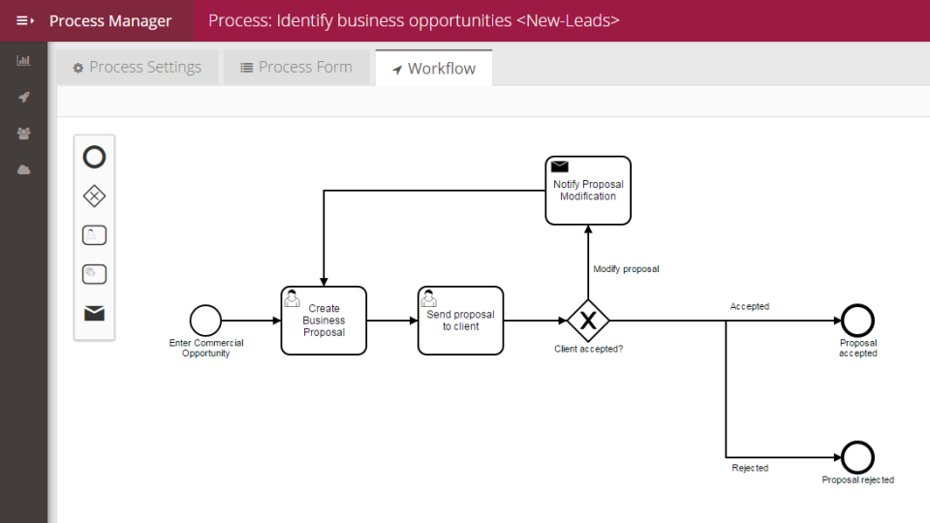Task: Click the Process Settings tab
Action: (x=137, y=68)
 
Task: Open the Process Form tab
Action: (x=295, y=68)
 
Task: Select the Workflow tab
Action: (x=433, y=69)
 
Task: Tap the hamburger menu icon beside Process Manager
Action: (x=24, y=20)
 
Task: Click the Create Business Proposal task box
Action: (x=324, y=321)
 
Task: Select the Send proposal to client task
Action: (x=460, y=321)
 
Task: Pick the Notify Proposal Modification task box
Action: (x=587, y=191)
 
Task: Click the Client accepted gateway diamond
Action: (x=587, y=321)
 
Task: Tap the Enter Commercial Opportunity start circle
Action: (x=205, y=321)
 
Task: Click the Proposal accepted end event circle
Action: (x=857, y=321)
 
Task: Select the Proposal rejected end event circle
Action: (x=857, y=457)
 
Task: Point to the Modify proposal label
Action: (x=626, y=269)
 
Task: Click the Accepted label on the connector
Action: (x=749, y=307)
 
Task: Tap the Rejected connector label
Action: (x=750, y=469)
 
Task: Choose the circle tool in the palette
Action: (x=94, y=157)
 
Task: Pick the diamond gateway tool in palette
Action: (x=94, y=197)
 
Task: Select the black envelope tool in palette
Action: (x=94, y=313)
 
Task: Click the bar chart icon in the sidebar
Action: (x=23, y=61)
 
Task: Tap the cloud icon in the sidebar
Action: (x=23, y=169)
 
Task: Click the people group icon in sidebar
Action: (x=23, y=133)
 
